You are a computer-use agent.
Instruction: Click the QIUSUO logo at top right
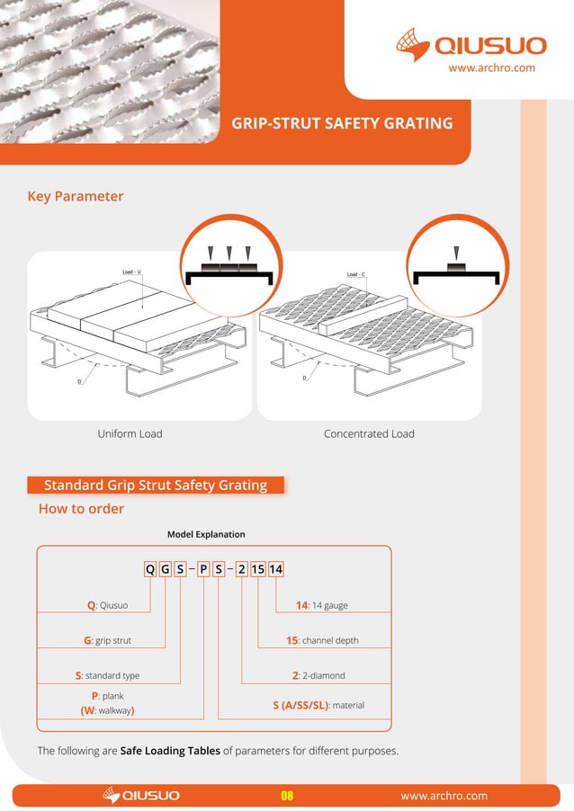pyautogui.click(x=465, y=45)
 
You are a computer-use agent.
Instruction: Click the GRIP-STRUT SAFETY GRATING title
pyautogui.click(x=342, y=123)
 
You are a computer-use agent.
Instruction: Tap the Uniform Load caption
pyautogui.click(x=130, y=433)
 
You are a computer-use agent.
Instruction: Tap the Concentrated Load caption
pyautogui.click(x=369, y=433)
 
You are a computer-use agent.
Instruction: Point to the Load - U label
pyautogui.click(x=131, y=272)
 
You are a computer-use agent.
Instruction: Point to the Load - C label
pyautogui.click(x=356, y=274)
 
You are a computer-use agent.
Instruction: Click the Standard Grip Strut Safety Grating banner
pyautogui.click(x=156, y=486)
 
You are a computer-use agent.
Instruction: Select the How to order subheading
pyautogui.click(x=81, y=509)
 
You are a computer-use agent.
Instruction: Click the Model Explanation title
pyautogui.click(x=206, y=535)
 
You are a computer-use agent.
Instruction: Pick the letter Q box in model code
pyautogui.click(x=150, y=568)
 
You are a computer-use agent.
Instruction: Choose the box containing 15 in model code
pyautogui.click(x=258, y=568)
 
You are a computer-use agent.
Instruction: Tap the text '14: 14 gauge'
pyautogui.click(x=321, y=605)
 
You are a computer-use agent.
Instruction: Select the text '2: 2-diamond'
pyautogui.click(x=318, y=675)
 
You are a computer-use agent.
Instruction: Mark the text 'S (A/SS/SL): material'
pyautogui.click(x=318, y=706)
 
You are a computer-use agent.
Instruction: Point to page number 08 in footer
pyautogui.click(x=287, y=796)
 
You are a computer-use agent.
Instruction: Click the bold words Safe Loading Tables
pyautogui.click(x=170, y=751)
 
